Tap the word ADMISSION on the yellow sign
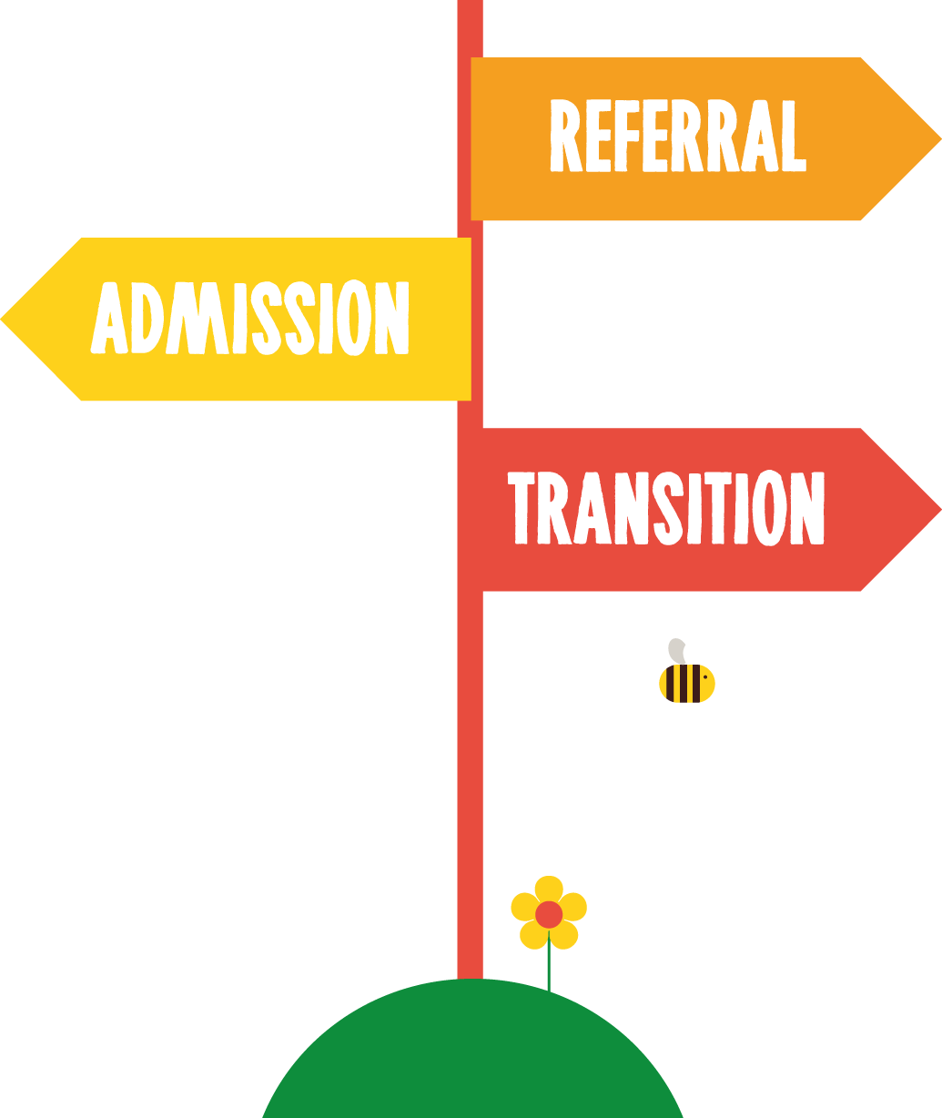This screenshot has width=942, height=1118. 250,319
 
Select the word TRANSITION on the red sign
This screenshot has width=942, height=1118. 665,508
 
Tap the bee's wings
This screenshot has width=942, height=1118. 685,651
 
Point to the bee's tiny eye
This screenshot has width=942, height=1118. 704,676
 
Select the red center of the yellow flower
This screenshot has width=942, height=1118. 549,913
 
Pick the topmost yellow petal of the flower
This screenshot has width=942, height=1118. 549,889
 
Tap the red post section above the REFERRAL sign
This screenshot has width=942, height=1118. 470,27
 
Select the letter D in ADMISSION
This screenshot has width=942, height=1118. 149,319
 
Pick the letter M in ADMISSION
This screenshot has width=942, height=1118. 200,319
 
